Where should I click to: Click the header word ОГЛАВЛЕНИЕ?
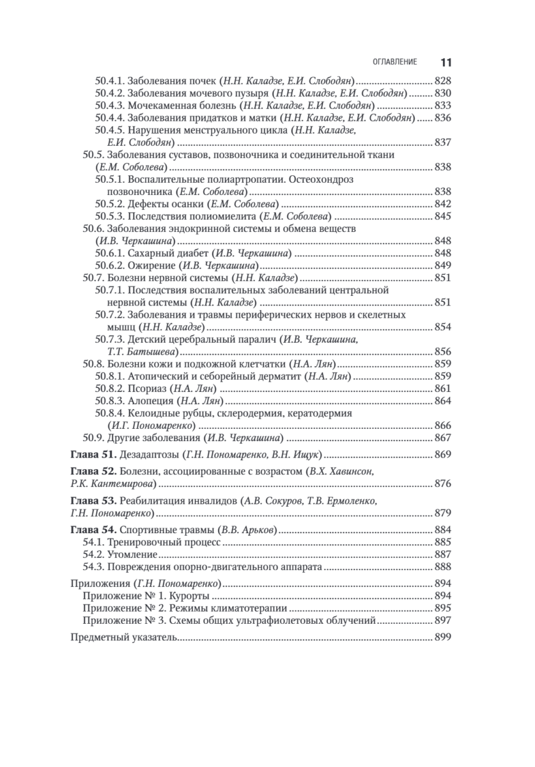[x=395, y=63]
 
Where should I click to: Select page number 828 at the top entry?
[x=443, y=82]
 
